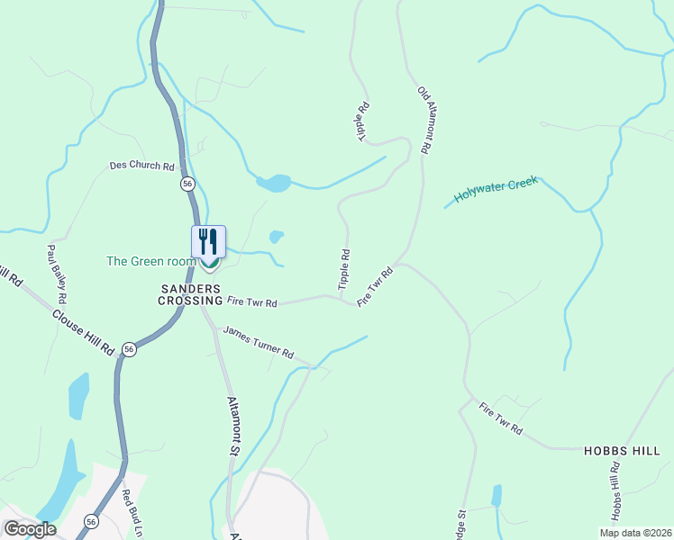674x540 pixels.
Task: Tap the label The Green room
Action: [150, 261]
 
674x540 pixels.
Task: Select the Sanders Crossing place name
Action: [191, 294]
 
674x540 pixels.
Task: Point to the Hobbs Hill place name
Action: [622, 450]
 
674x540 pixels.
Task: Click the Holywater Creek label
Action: [496, 189]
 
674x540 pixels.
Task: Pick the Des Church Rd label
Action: [141, 166]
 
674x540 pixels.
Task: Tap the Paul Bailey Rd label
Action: [59, 274]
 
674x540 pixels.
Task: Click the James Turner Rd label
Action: [259, 342]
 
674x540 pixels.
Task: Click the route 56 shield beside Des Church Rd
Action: [187, 183]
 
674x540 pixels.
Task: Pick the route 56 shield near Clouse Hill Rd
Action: [130, 349]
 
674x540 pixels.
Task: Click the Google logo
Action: [30, 528]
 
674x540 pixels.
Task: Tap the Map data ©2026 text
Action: [634, 533]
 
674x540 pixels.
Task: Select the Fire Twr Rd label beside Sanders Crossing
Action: [252, 303]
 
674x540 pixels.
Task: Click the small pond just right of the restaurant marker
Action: [276, 238]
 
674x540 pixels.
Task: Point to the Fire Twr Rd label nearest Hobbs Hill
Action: [501, 418]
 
